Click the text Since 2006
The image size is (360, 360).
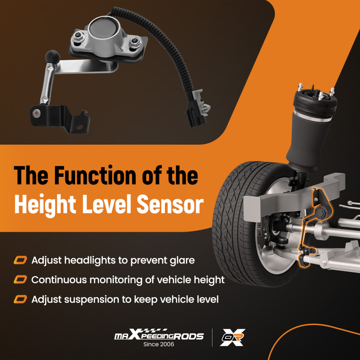click(159, 345)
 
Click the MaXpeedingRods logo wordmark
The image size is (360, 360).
click(159, 336)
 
